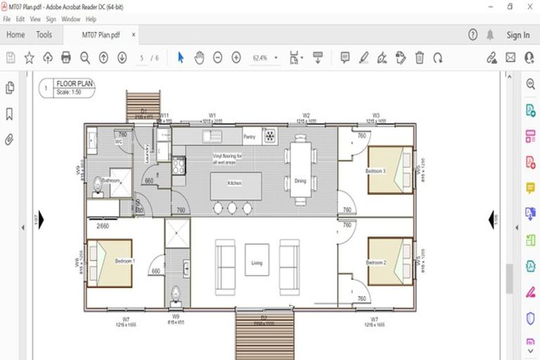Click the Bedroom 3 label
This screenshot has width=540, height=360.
375,172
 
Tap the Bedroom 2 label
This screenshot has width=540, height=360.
375,262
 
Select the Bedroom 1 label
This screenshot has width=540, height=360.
125,262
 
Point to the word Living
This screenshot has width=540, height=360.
257,264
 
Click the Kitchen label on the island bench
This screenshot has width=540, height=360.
234,183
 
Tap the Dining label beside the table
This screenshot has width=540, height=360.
300,181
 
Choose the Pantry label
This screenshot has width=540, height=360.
249,136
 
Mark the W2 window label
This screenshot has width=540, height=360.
307,115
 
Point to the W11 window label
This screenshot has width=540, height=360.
164,115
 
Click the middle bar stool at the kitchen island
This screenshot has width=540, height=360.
231,208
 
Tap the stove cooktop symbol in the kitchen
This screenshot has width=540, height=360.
179,165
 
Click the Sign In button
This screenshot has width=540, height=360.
517,34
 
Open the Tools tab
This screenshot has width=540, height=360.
44,34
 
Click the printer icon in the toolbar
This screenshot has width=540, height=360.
66,58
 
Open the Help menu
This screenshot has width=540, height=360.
91,19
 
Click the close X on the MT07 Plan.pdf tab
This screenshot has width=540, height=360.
134,34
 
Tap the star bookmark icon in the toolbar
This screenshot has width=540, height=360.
30,58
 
